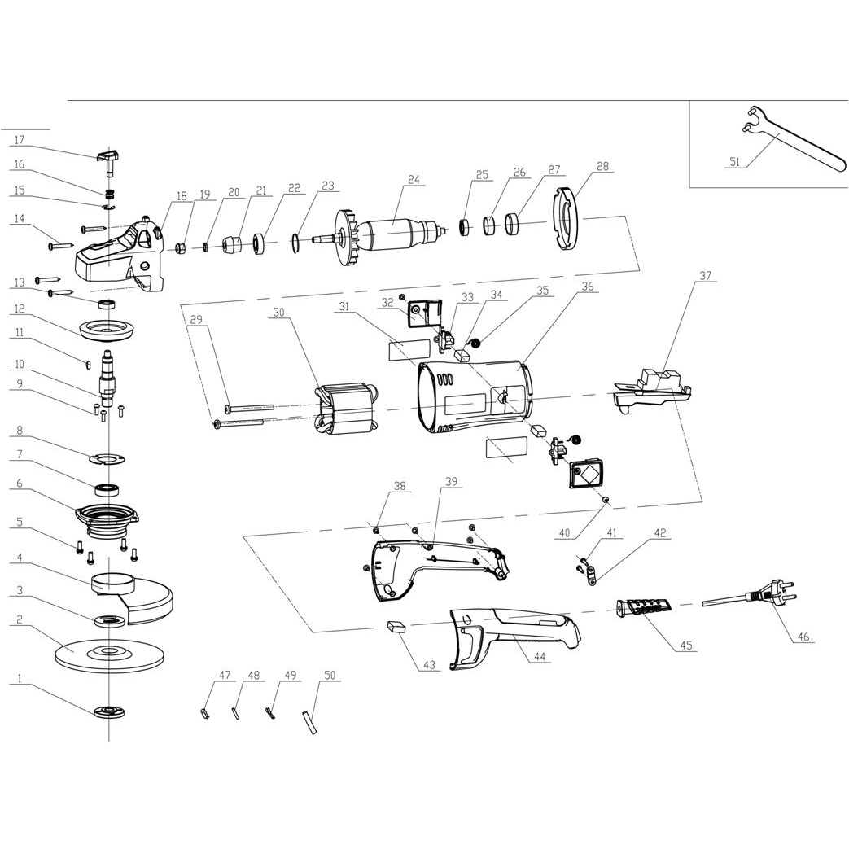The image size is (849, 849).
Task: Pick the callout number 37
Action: [705, 276]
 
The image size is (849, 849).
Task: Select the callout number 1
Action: [17, 679]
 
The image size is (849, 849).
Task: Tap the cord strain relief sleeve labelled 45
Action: [644, 607]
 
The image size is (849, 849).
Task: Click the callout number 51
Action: [734, 162]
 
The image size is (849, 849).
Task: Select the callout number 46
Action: [803, 637]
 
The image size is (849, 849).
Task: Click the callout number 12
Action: [17, 309]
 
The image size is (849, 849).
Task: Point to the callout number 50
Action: [330, 676]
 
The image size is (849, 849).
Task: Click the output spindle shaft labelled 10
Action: [107, 373]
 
